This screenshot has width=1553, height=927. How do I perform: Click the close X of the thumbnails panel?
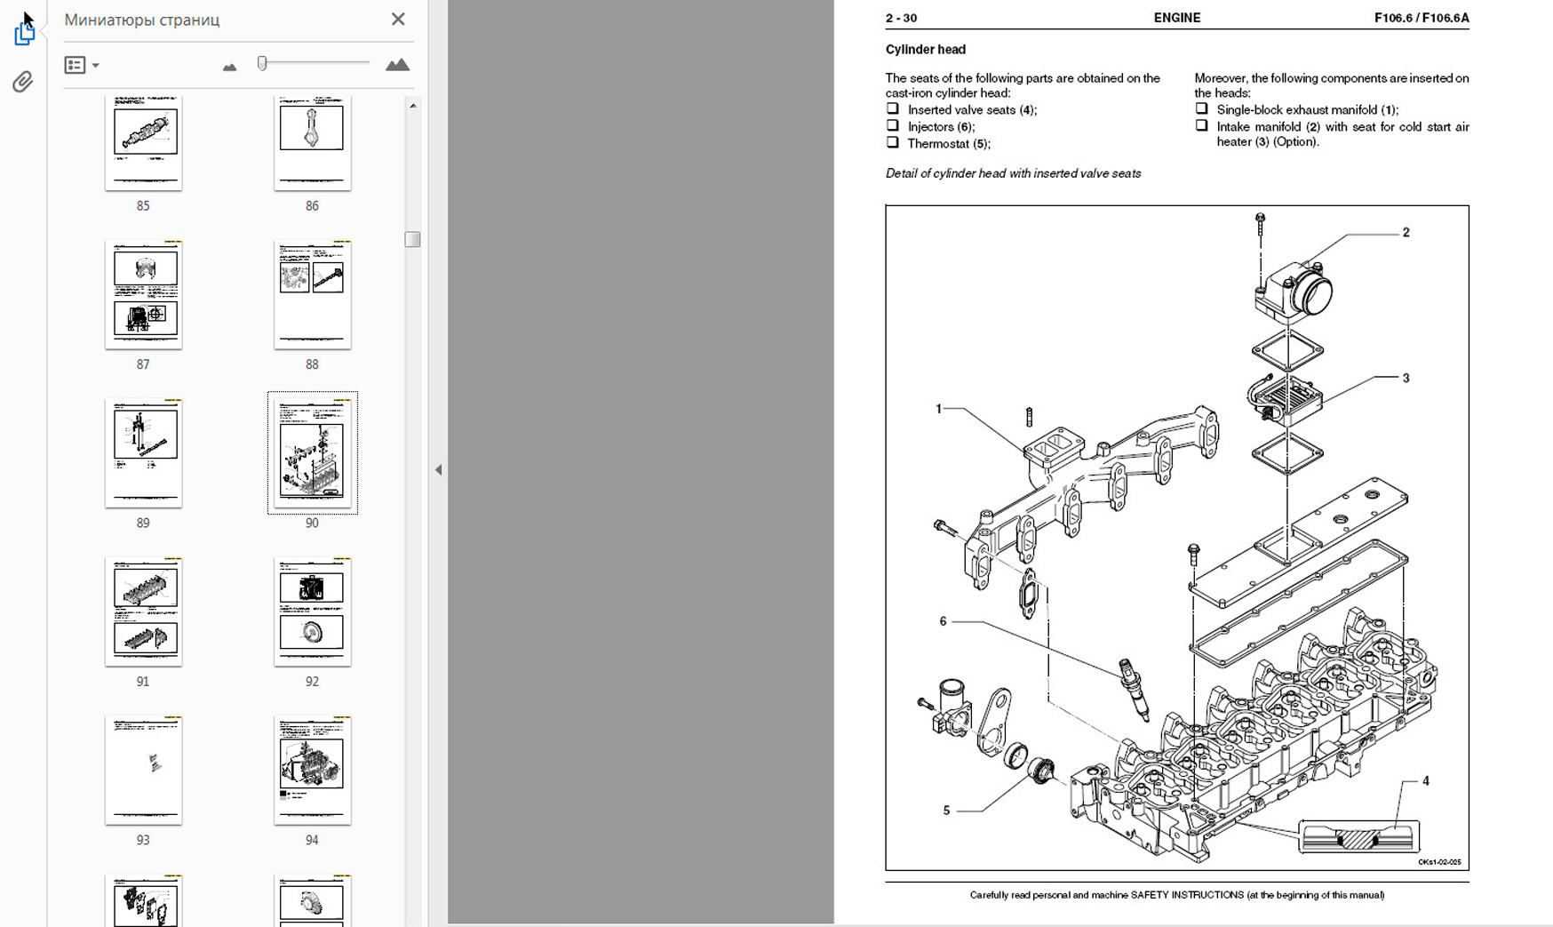pyautogui.click(x=398, y=19)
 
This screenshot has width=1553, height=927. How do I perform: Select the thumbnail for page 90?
pyautogui.click(x=312, y=452)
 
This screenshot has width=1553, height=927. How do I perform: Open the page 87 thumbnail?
pyautogui.click(x=143, y=295)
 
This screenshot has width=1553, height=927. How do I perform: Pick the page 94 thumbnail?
pyautogui.click(x=312, y=770)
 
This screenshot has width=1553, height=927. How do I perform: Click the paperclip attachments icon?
pyautogui.click(x=23, y=82)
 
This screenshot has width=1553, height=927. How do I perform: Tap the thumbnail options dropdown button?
pyautogui.click(x=81, y=65)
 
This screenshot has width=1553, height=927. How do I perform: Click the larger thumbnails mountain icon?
pyautogui.click(x=397, y=65)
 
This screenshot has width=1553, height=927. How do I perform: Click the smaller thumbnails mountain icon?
pyautogui.click(x=229, y=67)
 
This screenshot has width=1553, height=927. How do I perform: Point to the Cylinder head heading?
pyautogui.click(x=925, y=50)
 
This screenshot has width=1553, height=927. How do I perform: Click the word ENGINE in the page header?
pyautogui.click(x=1176, y=18)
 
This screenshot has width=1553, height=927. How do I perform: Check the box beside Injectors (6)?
pyautogui.click(x=892, y=125)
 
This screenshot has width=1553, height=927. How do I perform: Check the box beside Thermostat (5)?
pyautogui.click(x=892, y=142)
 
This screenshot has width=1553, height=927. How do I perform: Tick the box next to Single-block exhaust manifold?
pyautogui.click(x=1201, y=108)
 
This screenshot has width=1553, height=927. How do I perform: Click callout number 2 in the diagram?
pyautogui.click(x=1406, y=233)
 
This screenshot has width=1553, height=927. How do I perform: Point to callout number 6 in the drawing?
pyautogui.click(x=943, y=621)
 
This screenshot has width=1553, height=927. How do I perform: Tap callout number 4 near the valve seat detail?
pyautogui.click(x=1425, y=781)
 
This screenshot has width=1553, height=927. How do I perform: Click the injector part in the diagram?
pyautogui.click(x=1134, y=688)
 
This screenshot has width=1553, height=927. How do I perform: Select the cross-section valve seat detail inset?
pyautogui.click(x=1358, y=837)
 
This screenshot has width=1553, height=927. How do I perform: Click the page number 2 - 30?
pyautogui.click(x=901, y=18)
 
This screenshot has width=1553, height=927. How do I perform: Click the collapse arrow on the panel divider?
pyautogui.click(x=438, y=470)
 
